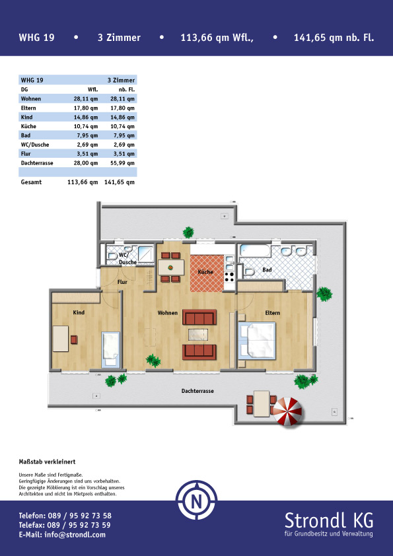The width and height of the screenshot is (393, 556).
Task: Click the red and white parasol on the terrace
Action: [x=289, y=411]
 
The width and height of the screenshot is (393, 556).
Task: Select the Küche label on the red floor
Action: [x=205, y=272]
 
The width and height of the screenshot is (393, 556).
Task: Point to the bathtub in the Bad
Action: [x=255, y=252]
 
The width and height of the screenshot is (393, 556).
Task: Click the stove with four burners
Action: [x=229, y=277]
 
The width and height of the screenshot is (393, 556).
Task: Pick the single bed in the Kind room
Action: [x=111, y=349]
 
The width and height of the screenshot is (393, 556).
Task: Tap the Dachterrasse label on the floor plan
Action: [x=197, y=391]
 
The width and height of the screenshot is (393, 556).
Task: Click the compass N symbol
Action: [x=197, y=501]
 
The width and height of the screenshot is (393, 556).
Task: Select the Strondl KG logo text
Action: [x=329, y=521]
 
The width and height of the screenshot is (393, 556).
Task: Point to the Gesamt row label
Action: [x=31, y=182]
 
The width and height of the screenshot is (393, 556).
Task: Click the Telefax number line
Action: [x=65, y=525]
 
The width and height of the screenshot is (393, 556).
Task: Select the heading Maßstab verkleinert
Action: [x=47, y=462]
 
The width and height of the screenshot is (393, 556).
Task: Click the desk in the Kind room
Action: [x=61, y=339]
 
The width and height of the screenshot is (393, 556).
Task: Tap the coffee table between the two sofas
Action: [x=198, y=334]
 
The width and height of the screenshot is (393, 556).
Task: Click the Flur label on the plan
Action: [x=122, y=282]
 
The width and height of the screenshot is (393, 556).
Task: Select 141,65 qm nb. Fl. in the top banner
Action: [x=334, y=38]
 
